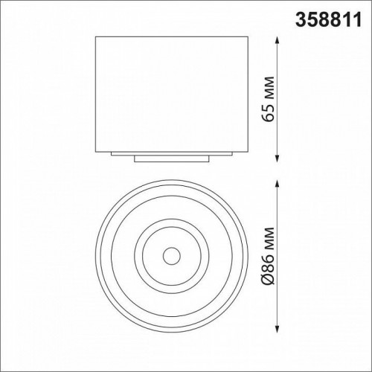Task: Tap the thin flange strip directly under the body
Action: click(x=171, y=153)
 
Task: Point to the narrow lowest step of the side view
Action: click(x=171, y=158)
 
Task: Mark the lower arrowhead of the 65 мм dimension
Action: click(x=278, y=158)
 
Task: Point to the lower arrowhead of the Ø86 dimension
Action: click(x=278, y=329)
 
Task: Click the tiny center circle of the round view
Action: click(x=171, y=255)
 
